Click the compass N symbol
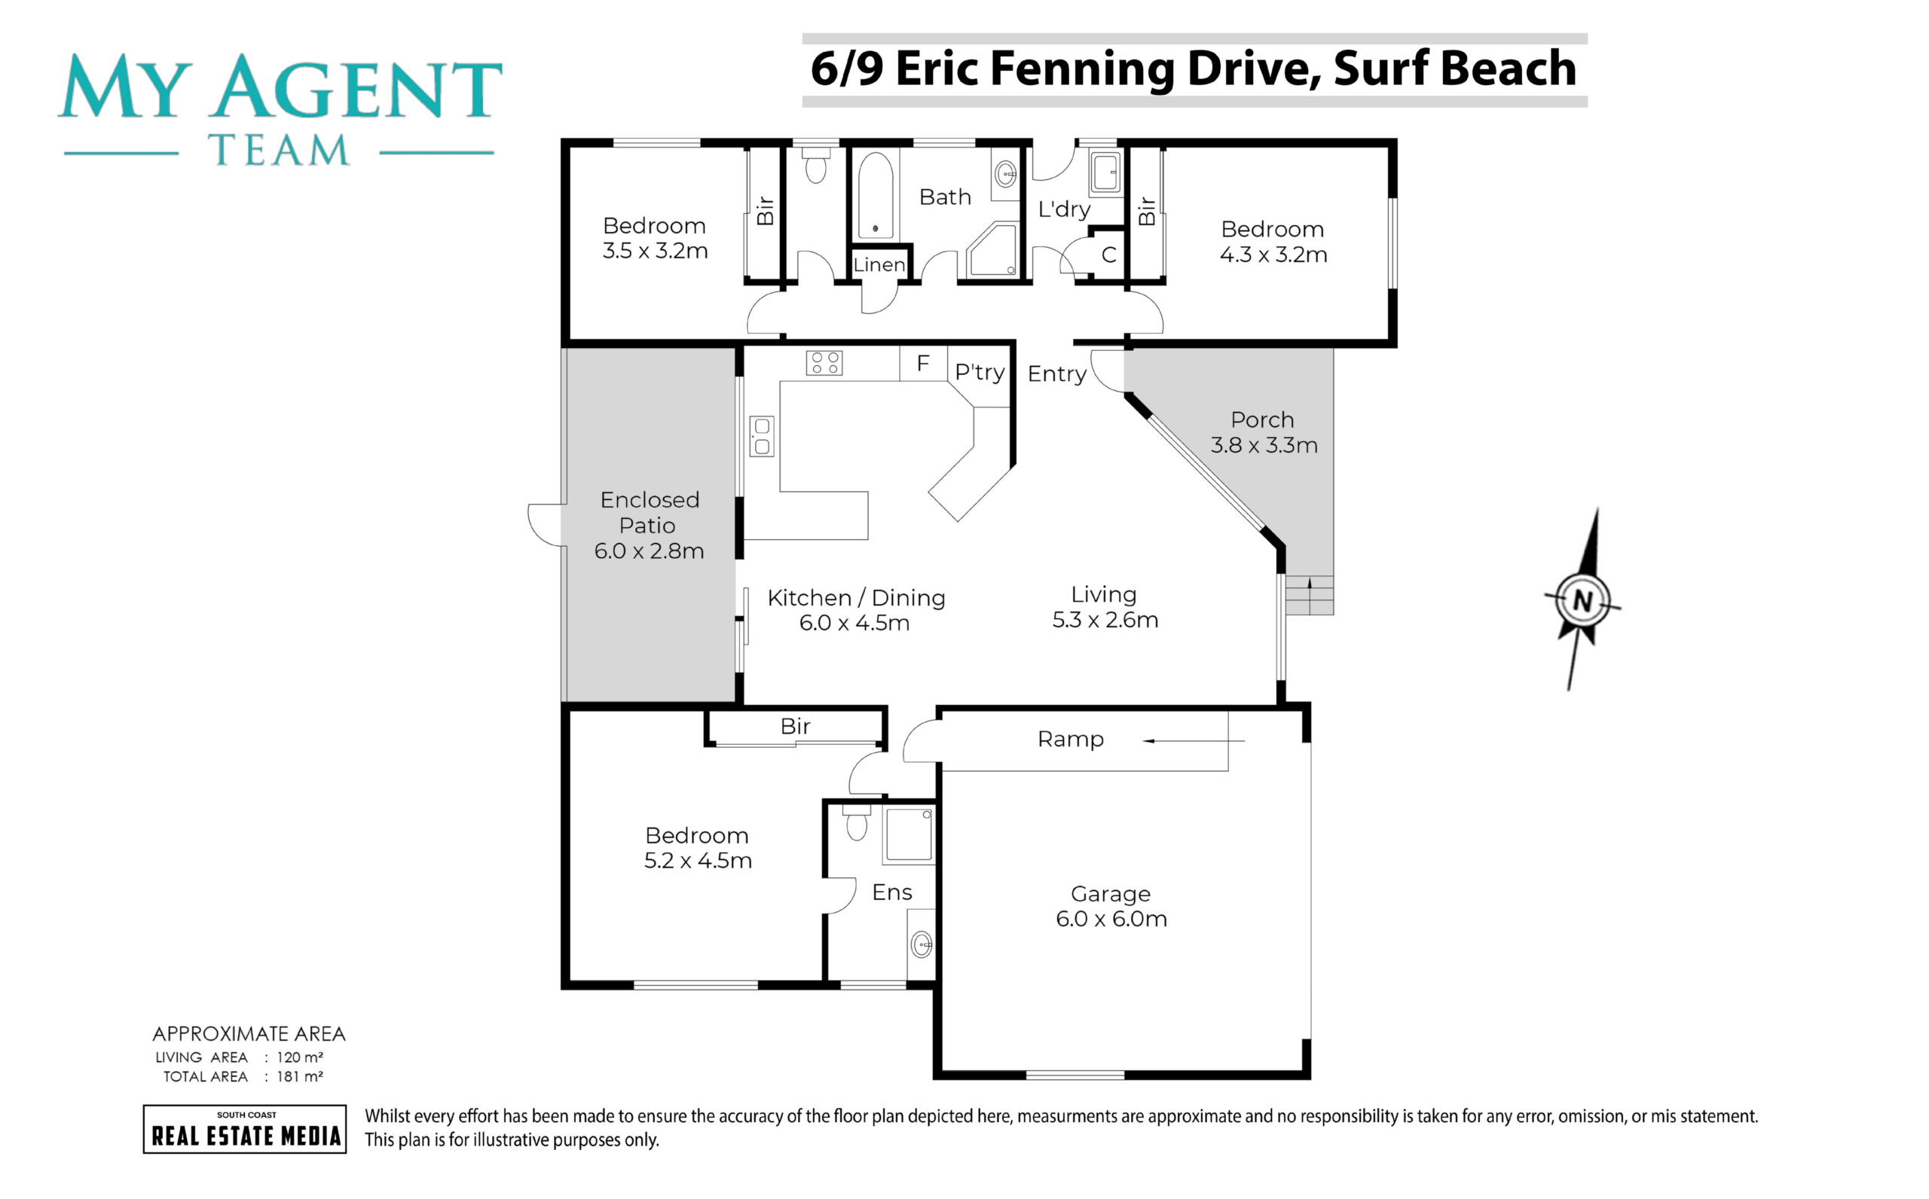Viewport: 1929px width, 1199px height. click(x=1582, y=600)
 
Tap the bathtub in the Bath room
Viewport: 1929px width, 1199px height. click(x=875, y=195)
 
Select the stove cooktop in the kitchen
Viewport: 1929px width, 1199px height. click(x=824, y=363)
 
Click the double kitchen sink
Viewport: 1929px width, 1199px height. click(x=762, y=436)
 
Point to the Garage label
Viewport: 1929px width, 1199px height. click(x=1111, y=894)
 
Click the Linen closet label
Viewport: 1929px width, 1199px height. click(x=879, y=265)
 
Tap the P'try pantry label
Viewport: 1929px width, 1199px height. click(x=980, y=372)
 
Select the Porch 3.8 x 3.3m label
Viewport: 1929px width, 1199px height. click(x=1264, y=432)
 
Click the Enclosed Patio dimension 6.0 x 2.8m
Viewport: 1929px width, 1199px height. click(x=649, y=551)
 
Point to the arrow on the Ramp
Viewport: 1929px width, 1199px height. click(x=1193, y=740)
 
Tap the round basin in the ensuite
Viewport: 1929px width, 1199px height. click(x=921, y=944)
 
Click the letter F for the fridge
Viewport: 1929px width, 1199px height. click(x=922, y=363)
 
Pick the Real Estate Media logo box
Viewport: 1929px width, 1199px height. click(x=244, y=1128)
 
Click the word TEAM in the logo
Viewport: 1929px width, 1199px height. click(x=278, y=150)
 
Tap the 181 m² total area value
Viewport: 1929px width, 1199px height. click(x=300, y=1076)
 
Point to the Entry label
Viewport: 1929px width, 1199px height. click(x=1056, y=374)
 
